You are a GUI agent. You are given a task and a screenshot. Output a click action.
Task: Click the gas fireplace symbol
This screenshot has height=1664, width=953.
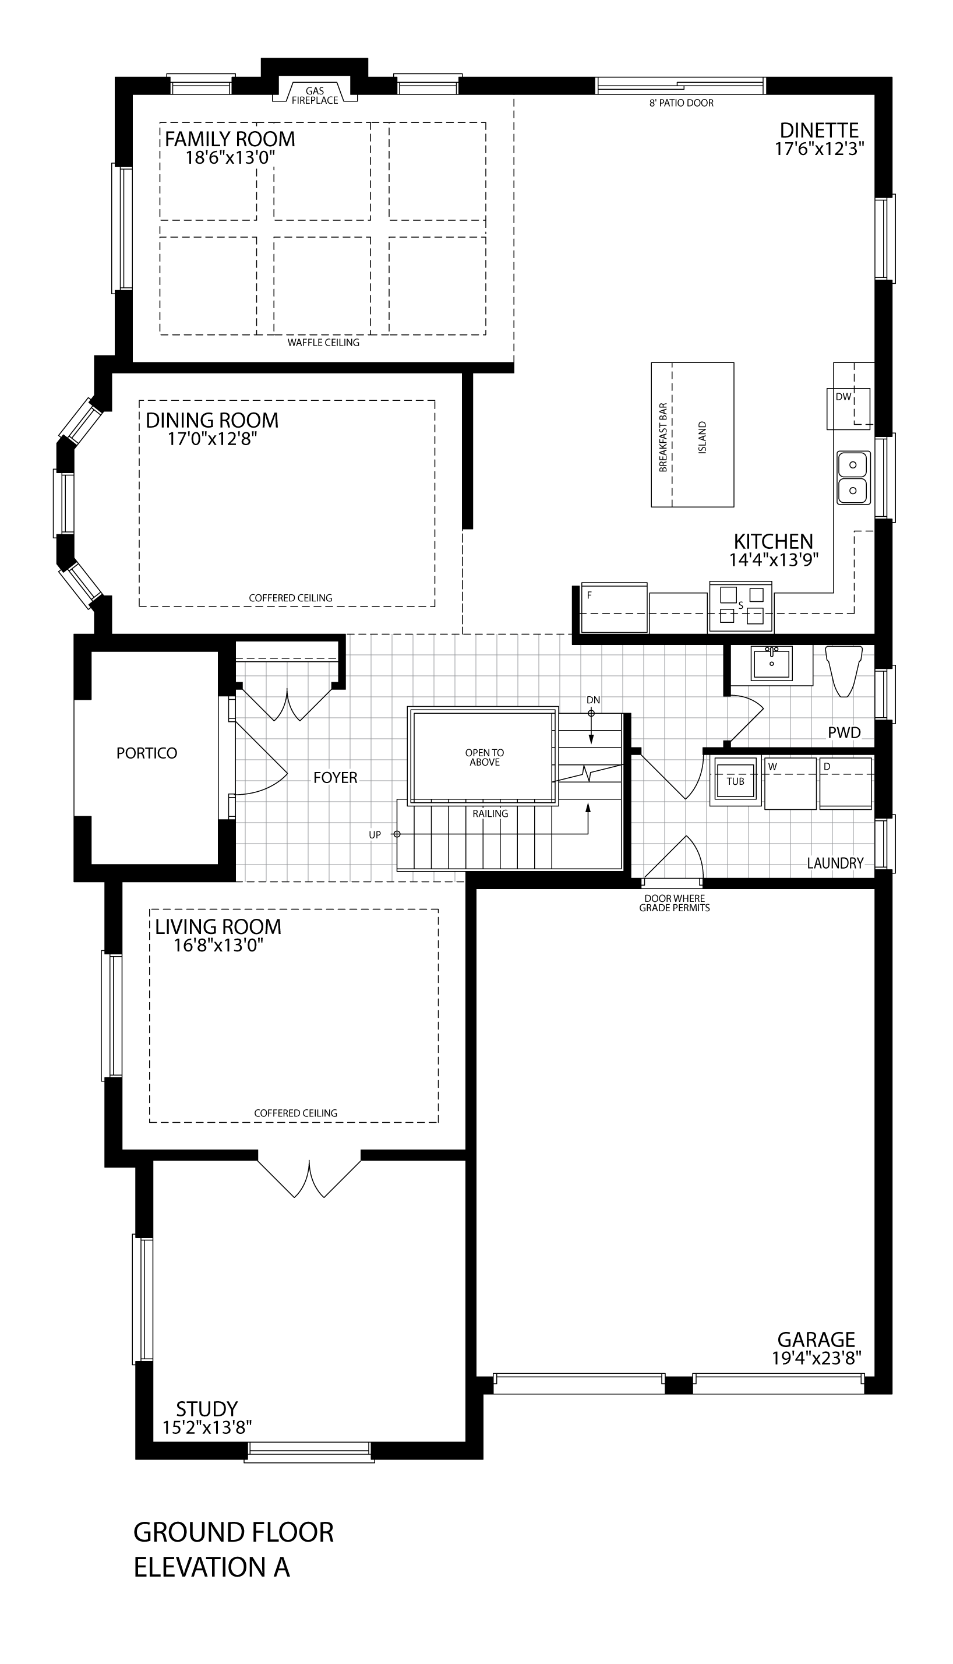[x=315, y=91]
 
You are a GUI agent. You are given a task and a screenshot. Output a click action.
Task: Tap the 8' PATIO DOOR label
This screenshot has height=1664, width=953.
[x=681, y=103]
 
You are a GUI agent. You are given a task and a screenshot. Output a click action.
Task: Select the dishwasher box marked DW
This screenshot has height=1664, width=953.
[x=848, y=408]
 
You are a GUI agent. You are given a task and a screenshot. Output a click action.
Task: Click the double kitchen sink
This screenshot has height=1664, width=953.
[x=853, y=477]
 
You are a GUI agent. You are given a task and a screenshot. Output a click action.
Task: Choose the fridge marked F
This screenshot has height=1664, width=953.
[x=614, y=607]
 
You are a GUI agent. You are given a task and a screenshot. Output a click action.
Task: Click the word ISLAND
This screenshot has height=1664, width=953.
[x=703, y=438]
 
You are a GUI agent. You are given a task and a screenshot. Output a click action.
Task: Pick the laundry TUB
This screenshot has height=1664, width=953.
[x=736, y=781]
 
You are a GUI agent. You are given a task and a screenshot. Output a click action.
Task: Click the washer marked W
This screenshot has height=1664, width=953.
[x=790, y=783]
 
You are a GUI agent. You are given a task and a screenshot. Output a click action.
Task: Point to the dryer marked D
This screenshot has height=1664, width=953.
[x=845, y=783]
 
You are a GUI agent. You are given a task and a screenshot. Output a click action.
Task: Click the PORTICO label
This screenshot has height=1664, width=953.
[x=147, y=753]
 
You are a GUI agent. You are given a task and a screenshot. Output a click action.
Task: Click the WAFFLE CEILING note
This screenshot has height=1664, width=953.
[x=323, y=343]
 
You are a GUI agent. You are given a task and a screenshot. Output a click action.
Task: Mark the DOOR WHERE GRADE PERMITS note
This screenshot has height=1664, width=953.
[x=674, y=903]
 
